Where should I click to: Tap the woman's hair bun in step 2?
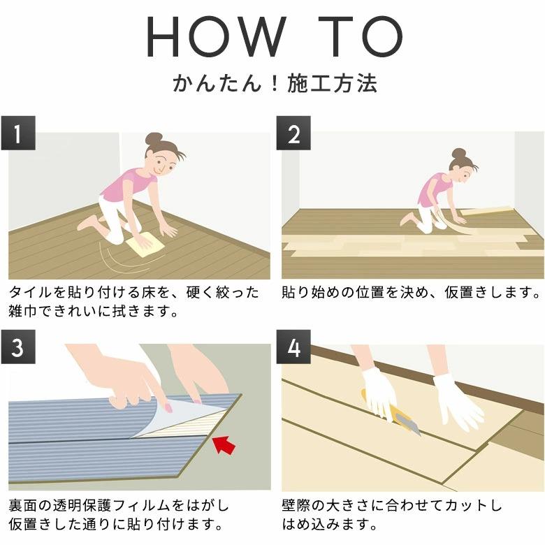tap(458, 153)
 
